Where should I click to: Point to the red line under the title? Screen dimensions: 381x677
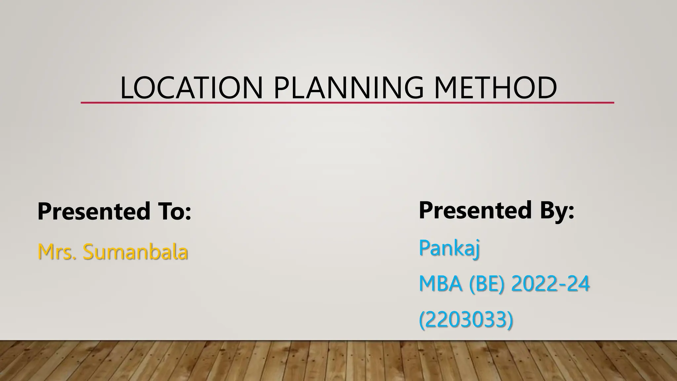click(x=347, y=103)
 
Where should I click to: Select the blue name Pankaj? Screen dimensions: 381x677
click(x=449, y=248)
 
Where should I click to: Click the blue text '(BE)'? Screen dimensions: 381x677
click(x=487, y=284)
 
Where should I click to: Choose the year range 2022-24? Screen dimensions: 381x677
click(x=550, y=284)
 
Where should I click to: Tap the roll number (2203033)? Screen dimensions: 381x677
click(x=466, y=319)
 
